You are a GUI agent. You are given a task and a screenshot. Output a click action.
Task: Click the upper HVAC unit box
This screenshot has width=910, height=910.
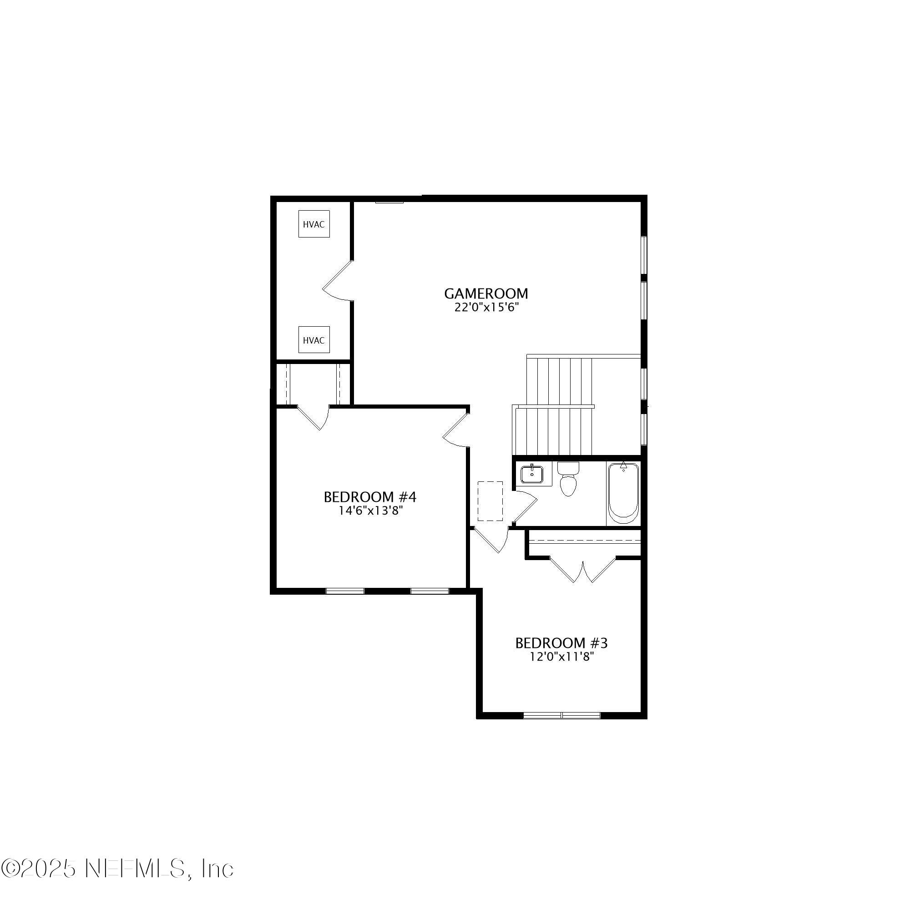[x=313, y=224]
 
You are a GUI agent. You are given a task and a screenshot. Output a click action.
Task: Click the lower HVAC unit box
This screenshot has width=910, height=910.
[x=313, y=340]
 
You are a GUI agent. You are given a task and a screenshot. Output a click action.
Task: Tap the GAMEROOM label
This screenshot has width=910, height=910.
[x=485, y=293]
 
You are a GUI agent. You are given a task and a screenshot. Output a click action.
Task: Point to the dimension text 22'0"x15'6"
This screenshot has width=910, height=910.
[x=485, y=308]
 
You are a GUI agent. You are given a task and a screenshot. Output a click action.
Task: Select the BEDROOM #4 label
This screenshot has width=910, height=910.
[x=370, y=497]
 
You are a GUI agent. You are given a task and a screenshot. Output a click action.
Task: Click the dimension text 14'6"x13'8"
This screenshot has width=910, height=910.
[x=370, y=511]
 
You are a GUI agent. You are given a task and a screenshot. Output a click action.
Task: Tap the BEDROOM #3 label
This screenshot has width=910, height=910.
[x=561, y=643]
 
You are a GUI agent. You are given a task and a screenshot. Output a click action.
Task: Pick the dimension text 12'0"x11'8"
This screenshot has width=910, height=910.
[x=561, y=657]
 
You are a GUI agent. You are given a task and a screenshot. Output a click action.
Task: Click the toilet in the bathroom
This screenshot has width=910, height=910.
[x=568, y=480]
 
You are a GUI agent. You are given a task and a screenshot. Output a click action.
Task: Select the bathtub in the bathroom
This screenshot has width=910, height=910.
[x=623, y=493]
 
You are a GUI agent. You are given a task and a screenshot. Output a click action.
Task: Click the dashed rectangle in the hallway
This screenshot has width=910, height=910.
[x=490, y=501]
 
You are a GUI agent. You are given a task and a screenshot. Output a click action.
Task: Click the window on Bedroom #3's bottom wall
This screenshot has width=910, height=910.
[x=562, y=715]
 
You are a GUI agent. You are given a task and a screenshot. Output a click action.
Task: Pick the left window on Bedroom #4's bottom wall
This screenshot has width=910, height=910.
[x=345, y=591]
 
